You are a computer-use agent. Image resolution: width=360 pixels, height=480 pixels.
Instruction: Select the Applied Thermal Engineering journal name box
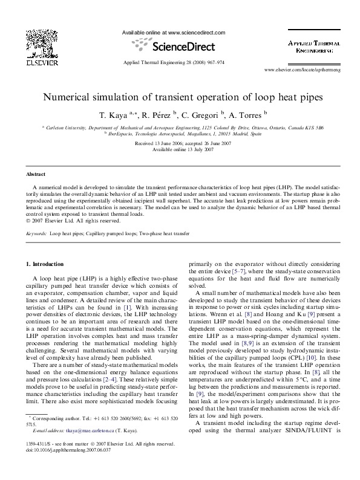(314, 48)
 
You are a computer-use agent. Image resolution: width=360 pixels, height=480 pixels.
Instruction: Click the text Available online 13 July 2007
(180, 149)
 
